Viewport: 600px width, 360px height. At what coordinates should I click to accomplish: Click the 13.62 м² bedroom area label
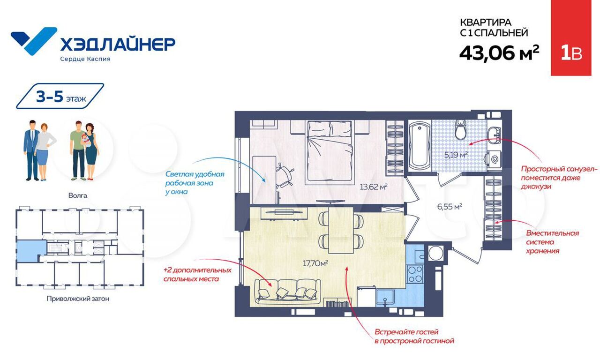pos(374,187)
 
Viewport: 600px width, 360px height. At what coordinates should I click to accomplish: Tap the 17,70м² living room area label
pos(315,263)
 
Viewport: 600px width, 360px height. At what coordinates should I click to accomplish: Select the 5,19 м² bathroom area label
pos(456,155)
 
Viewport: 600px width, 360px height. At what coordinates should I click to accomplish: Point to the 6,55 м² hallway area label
pos(450,207)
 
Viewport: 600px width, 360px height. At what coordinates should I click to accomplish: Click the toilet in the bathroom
pos(461,130)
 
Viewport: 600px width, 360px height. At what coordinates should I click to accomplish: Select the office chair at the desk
pos(284,177)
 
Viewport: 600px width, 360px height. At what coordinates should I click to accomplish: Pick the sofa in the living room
pos(288,292)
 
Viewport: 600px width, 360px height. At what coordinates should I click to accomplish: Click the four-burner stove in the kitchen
pos(415,274)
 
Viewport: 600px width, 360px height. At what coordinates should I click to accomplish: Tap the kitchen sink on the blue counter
pos(385,298)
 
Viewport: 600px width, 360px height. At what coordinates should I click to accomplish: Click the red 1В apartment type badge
pos(571,38)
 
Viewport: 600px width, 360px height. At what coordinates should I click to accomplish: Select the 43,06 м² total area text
pos(499,53)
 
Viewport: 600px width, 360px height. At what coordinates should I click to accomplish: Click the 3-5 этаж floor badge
pos(60,96)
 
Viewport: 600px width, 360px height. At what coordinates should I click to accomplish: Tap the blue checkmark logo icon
pos(34,41)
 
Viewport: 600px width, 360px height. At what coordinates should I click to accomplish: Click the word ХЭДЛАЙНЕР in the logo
pos(118,44)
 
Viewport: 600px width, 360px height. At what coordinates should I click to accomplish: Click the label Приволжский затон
pos(78,299)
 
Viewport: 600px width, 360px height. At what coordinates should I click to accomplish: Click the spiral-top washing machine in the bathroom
pos(495,160)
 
